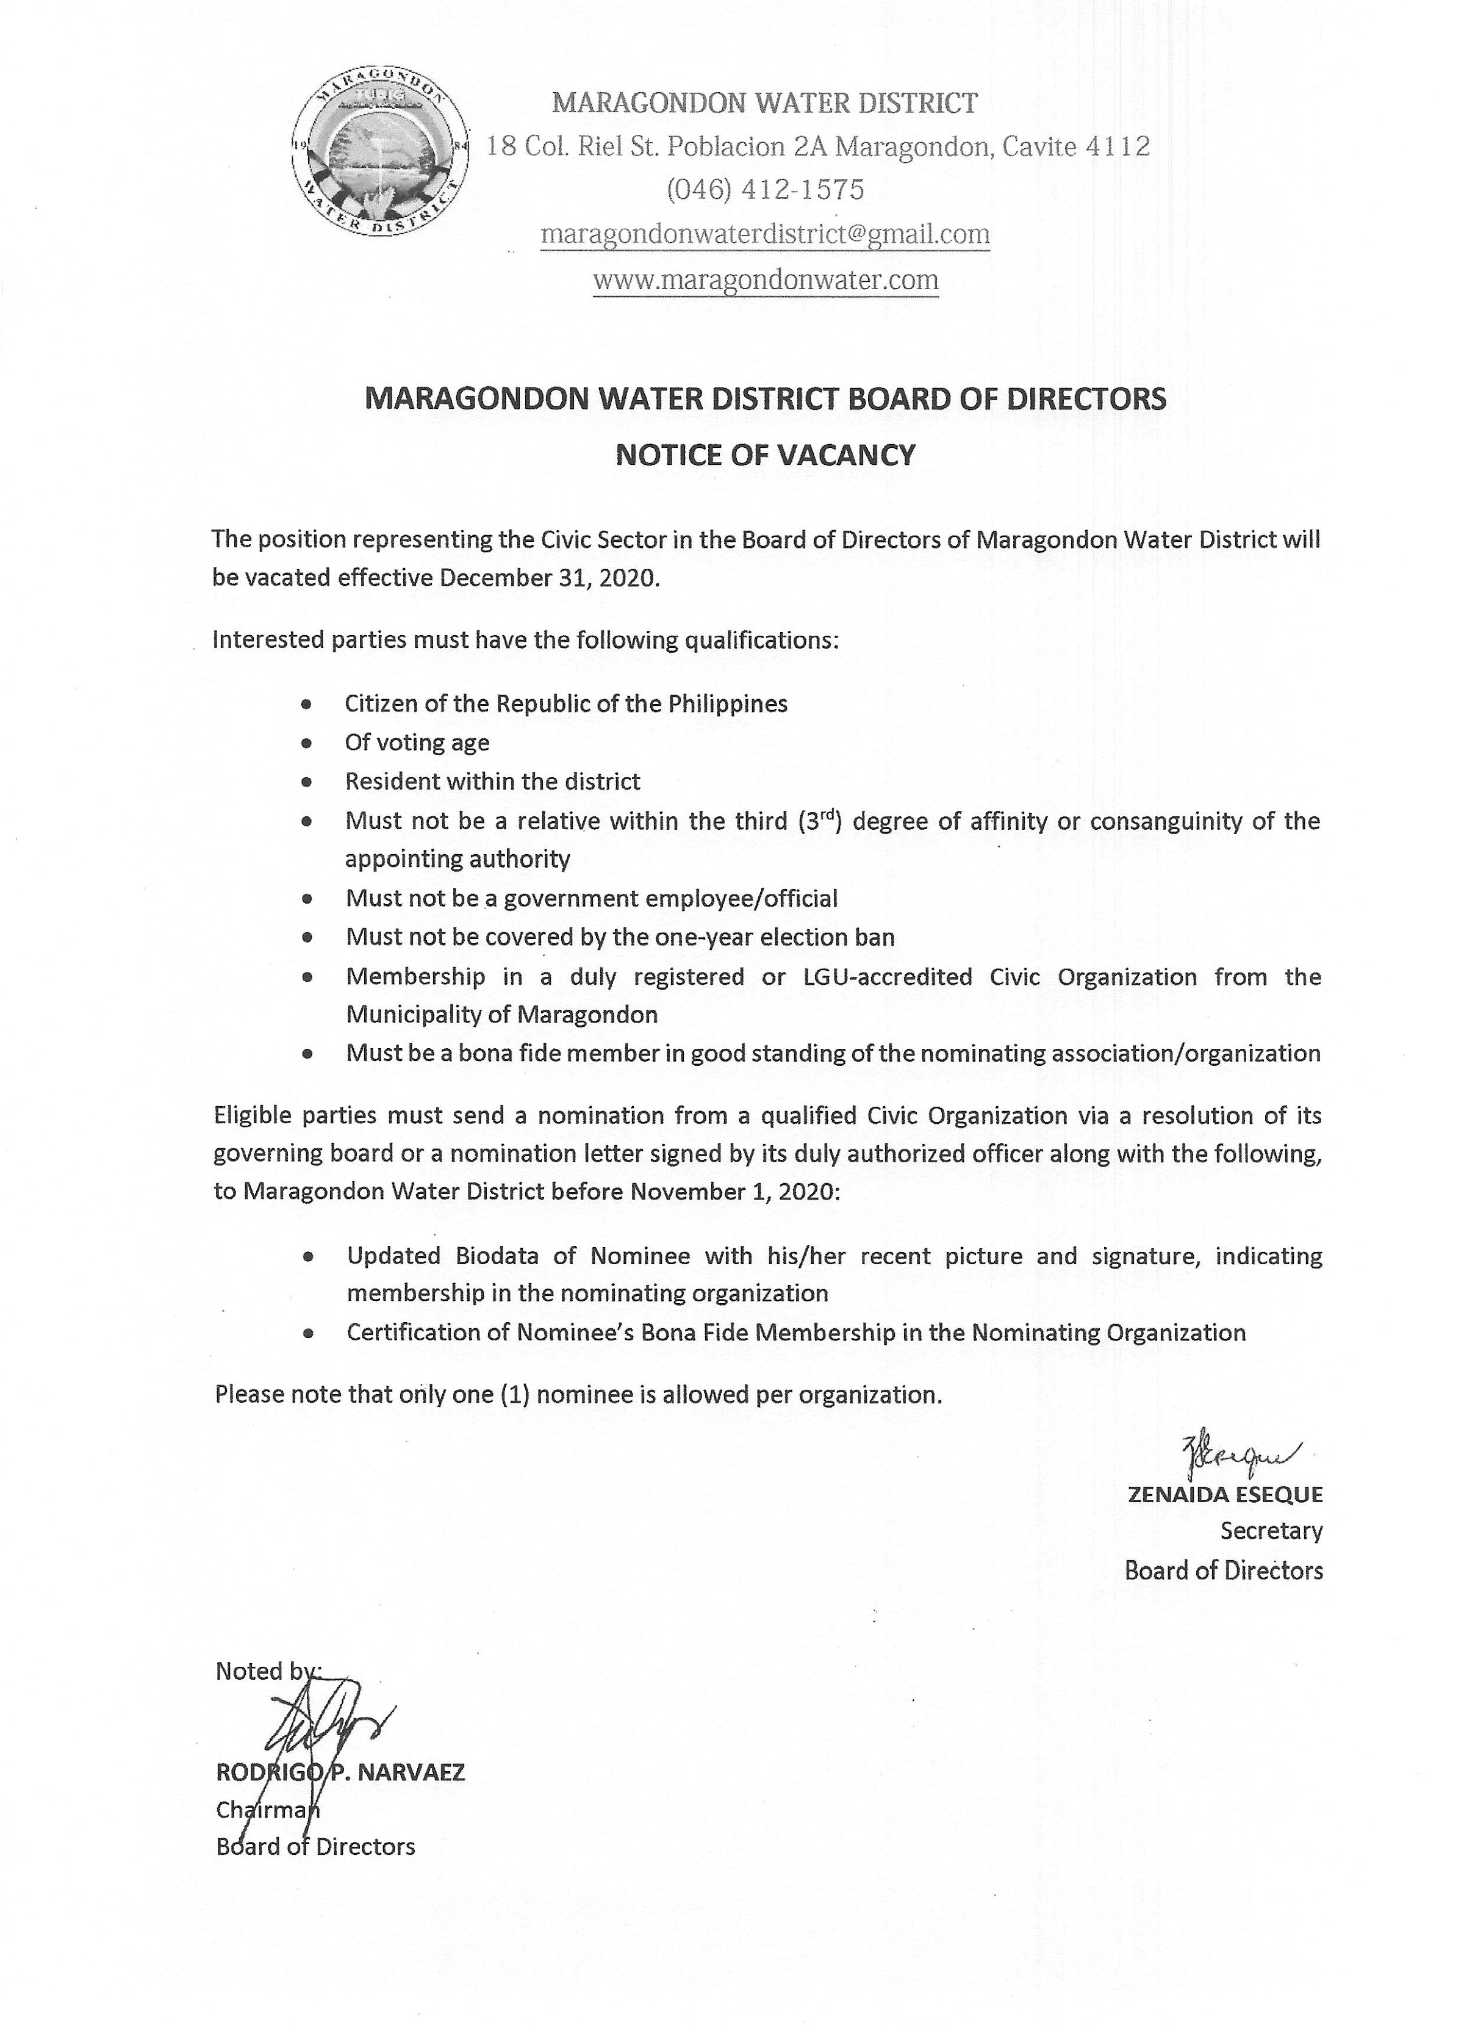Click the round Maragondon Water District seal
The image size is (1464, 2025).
(380, 157)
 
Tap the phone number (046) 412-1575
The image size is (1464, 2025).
(765, 189)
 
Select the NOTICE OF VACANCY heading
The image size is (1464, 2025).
(765, 455)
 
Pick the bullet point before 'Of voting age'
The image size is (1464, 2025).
(307, 743)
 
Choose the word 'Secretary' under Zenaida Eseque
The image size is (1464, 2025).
(1270, 1530)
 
